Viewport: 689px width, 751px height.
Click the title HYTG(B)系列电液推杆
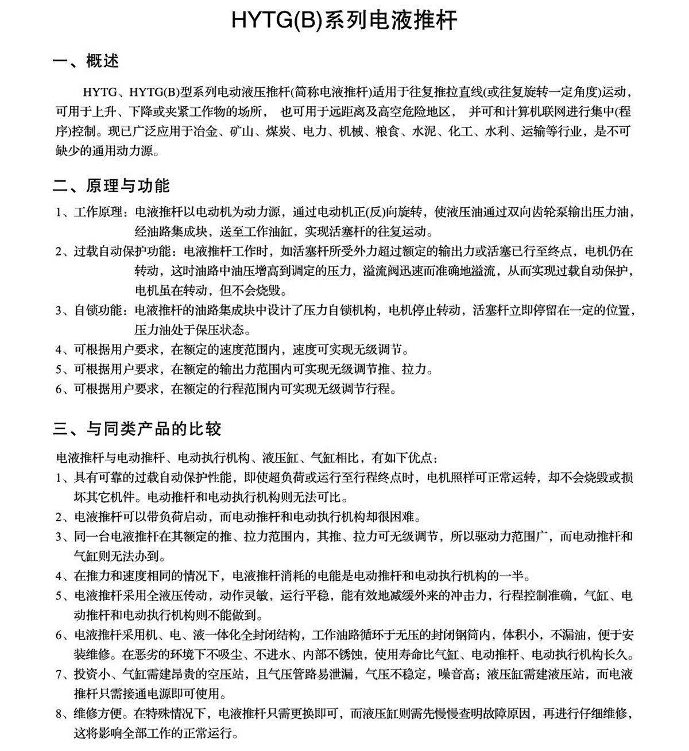[x=344, y=20]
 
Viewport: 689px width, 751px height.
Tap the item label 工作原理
[x=98, y=212]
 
